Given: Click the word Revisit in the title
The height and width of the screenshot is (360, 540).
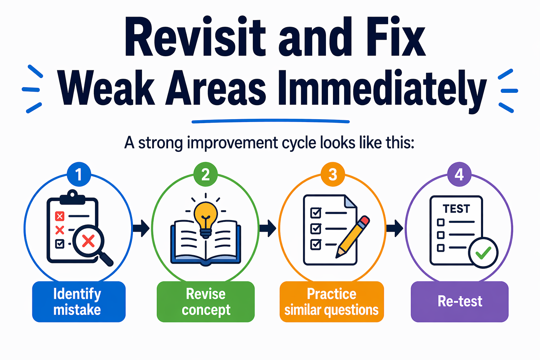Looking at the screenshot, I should [195, 38].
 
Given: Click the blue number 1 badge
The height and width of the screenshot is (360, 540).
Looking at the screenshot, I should [79, 174].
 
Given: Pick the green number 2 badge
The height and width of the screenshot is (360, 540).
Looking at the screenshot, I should [206, 174].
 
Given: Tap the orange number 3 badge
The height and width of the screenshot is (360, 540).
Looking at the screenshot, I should [333, 174].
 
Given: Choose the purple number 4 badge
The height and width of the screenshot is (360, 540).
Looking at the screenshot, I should [459, 174].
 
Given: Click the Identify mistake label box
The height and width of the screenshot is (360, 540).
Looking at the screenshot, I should [79, 302].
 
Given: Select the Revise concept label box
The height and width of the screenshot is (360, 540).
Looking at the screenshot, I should [206, 302].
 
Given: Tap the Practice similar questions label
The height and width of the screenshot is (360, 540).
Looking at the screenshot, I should [332, 302].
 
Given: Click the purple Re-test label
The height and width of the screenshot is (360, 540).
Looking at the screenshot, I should [459, 302].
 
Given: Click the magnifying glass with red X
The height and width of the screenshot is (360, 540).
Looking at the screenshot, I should [89, 242].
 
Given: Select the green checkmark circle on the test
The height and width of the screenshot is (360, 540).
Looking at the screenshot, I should [483, 252].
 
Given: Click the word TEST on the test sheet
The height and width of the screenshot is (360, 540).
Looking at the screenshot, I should [456, 209].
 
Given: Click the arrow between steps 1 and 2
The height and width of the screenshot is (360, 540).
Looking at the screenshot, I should [141, 229].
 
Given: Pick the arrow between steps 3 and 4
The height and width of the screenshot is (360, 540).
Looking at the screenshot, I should [395, 229].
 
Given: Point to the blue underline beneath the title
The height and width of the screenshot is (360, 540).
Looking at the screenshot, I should [270, 121].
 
